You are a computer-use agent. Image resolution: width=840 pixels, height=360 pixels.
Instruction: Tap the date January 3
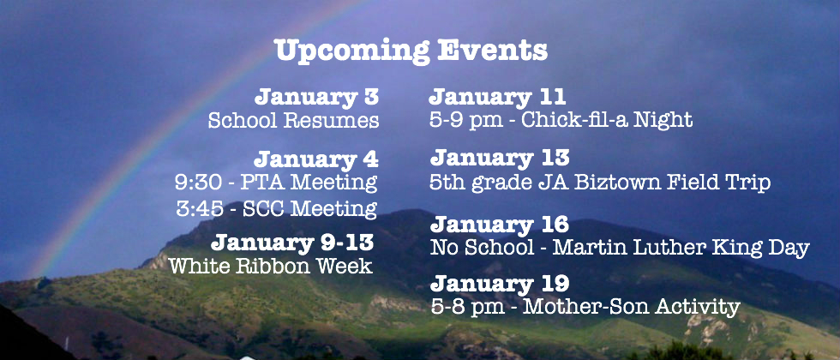(x=317, y=97)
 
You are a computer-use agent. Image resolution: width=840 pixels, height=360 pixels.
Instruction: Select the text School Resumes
(x=293, y=121)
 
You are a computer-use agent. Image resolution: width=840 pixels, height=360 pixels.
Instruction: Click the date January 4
(x=316, y=159)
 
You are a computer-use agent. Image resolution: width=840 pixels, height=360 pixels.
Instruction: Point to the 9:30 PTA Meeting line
(x=276, y=183)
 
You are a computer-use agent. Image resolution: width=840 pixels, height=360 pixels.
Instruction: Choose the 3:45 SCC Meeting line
(x=276, y=208)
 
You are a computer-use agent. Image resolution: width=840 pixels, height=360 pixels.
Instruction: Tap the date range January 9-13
(x=292, y=243)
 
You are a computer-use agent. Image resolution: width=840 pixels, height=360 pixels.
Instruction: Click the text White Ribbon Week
(x=271, y=266)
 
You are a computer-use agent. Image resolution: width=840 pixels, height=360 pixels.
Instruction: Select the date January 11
(x=498, y=97)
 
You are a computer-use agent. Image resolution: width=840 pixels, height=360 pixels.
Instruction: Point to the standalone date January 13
(x=500, y=158)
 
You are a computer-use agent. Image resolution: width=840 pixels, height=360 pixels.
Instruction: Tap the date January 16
(x=499, y=224)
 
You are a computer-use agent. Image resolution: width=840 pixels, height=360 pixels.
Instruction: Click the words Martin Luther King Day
(x=681, y=248)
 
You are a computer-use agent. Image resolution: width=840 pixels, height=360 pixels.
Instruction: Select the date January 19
(x=499, y=283)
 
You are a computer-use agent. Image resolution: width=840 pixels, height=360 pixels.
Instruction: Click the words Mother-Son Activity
(x=631, y=307)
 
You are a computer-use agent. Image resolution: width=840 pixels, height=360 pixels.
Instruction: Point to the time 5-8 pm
(x=467, y=308)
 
